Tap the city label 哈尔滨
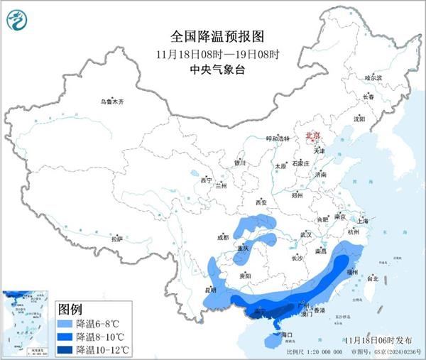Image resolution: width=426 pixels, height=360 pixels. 372,77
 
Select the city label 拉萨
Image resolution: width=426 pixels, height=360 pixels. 117,239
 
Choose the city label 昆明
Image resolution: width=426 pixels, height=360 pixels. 209,290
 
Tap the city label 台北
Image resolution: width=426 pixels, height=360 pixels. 371,279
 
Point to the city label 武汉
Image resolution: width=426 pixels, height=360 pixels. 306,234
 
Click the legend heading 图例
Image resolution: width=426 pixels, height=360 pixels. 70,310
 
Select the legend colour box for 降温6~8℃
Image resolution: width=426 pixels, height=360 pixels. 65,322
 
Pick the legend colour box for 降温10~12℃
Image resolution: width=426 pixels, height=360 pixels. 65,349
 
